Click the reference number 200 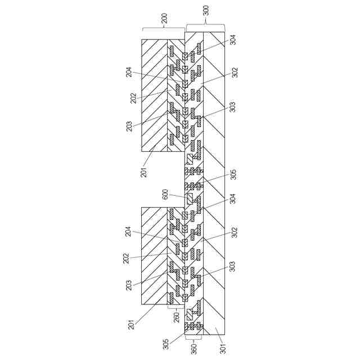pyautogui.click(x=164, y=18)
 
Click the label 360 pyautogui.click(x=193, y=349)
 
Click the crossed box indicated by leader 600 pyautogui.click(x=190, y=197)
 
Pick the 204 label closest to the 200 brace pyautogui.click(x=129, y=72)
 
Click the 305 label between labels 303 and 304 pyautogui.click(x=233, y=174)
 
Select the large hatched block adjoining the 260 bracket pyautogui.click(x=154, y=255)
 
